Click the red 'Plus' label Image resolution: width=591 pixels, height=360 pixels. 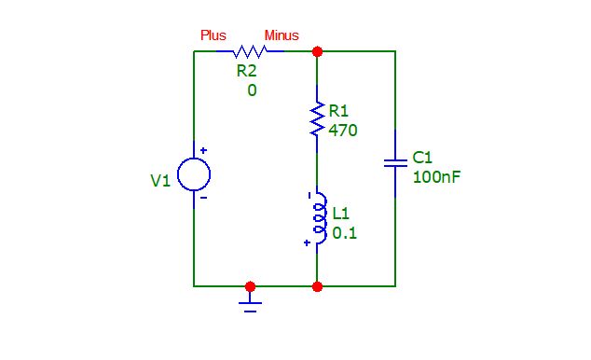213,35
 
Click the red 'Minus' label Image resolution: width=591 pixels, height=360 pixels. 282,35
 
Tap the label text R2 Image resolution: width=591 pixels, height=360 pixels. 247,72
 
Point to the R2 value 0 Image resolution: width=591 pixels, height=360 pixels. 252,90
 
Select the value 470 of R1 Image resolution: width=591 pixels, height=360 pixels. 343,131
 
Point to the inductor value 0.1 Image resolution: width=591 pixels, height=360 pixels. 344,234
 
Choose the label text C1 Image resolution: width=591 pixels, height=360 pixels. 422,157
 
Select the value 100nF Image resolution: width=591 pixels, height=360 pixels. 436,176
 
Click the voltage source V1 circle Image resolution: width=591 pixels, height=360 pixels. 194,174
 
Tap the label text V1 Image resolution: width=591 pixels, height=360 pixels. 161,181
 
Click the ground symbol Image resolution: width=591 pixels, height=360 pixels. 250,302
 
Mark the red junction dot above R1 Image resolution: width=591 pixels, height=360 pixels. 318,51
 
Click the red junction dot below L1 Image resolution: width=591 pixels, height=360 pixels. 318,286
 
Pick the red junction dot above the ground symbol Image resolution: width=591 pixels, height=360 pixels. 250,286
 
